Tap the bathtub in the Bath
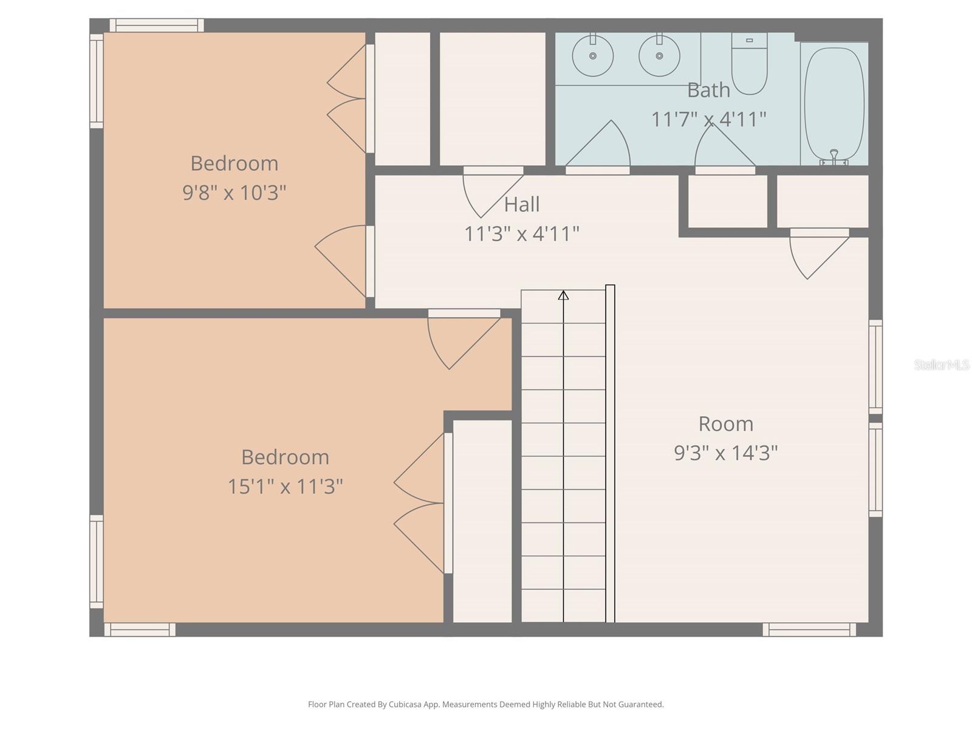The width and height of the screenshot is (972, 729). click(x=834, y=103)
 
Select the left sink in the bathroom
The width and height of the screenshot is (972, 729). click(x=592, y=56)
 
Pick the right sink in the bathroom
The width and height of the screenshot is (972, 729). click(x=659, y=56)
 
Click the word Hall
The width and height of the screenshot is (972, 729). click(x=522, y=205)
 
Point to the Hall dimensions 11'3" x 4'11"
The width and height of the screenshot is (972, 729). click(x=522, y=234)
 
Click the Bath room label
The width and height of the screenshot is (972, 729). click(x=708, y=91)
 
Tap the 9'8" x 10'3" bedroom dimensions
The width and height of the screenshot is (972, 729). click(x=234, y=193)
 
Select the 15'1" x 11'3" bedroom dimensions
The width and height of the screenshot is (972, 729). click(x=285, y=487)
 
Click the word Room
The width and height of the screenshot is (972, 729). click(x=726, y=424)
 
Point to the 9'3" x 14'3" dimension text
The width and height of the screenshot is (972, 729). click(x=726, y=453)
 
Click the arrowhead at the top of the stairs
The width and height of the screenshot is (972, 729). click(x=563, y=295)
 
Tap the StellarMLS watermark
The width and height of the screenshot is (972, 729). click(x=942, y=364)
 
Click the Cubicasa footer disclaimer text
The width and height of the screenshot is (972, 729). click(x=486, y=704)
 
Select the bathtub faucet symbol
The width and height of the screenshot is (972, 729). click(x=834, y=157)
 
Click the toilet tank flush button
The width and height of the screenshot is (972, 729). click(x=749, y=40)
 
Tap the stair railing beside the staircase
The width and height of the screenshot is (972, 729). click(x=610, y=453)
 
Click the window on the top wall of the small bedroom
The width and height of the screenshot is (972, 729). click(x=157, y=26)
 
